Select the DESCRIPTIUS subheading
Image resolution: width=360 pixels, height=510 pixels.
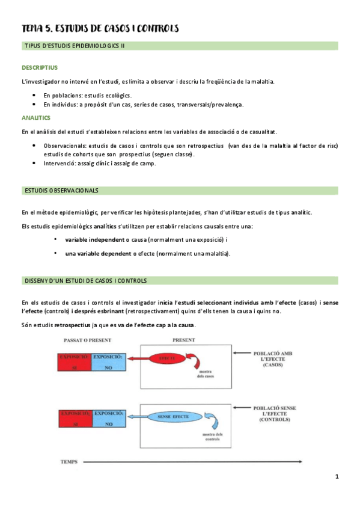click(x=39, y=67)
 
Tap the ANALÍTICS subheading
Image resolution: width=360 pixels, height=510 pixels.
click(x=35, y=118)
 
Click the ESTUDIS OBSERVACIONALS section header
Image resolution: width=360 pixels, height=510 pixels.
click(x=61, y=191)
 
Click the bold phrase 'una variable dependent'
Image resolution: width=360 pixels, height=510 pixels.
click(x=97, y=253)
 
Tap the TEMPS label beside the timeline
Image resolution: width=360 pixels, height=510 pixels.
click(x=70, y=462)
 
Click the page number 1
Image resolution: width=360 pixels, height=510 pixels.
click(x=337, y=478)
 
